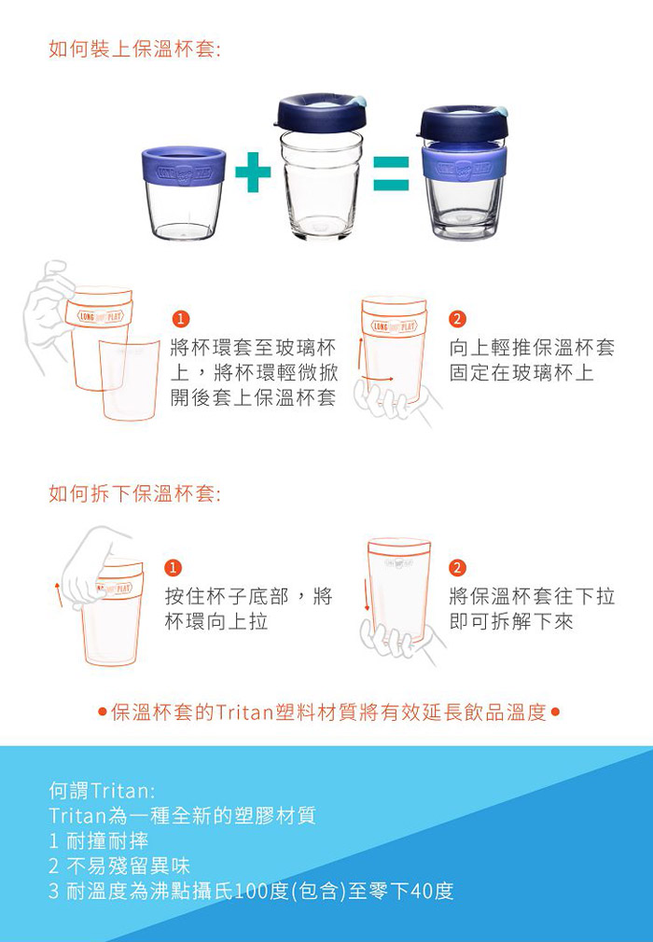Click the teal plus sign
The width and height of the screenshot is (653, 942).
coord(253,173)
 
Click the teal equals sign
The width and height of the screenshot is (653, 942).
coord(391,173)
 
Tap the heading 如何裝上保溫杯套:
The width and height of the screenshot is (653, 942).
coord(134,49)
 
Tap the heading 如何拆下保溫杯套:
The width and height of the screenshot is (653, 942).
coord(134,493)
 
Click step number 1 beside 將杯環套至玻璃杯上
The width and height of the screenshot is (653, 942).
coord(180,318)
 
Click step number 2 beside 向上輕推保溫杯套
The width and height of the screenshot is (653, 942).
coord(457,318)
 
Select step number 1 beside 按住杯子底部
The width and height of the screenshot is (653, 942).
coord(173,567)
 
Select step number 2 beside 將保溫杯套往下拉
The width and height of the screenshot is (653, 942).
coord(457,567)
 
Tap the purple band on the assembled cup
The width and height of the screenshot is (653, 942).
coord(464,162)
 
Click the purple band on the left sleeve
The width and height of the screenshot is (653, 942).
coord(184,166)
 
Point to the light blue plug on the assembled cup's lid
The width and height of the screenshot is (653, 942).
coord(499,111)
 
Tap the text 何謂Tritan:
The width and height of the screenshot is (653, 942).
coord(102,791)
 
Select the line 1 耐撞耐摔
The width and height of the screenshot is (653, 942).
coord(99,840)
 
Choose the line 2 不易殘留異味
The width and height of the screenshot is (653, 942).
coord(119,866)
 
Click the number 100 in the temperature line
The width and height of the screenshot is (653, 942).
coord(252,891)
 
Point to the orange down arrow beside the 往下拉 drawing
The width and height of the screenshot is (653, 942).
coord(367,595)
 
